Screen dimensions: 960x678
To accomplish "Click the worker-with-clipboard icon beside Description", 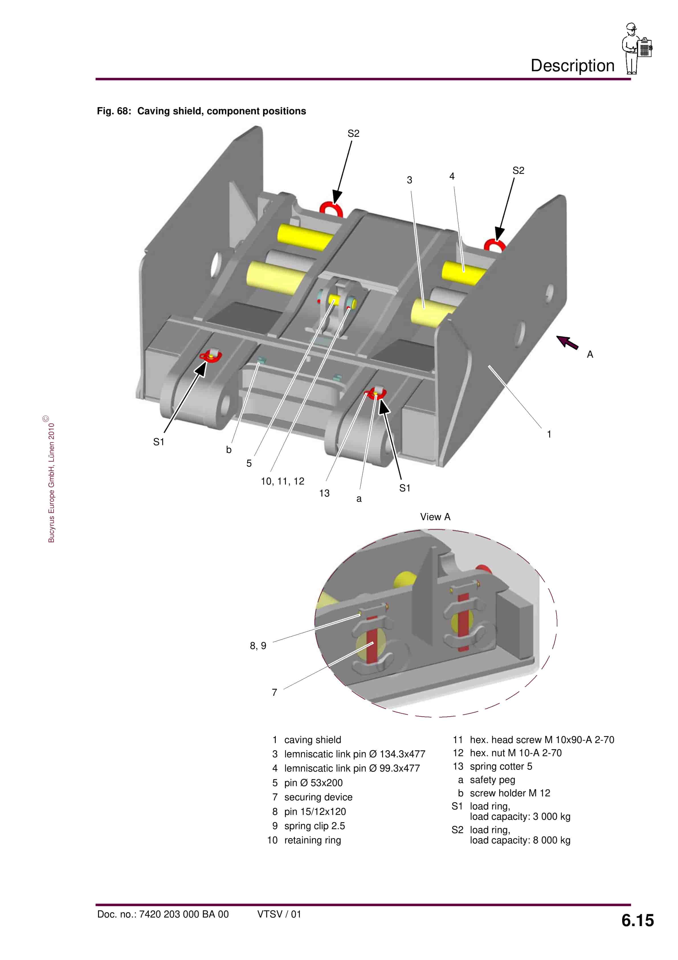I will pyautogui.click(x=636, y=48).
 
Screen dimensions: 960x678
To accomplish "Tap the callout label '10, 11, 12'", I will pyautogui.click(x=283, y=481).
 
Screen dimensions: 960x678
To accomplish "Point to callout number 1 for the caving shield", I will pyautogui.click(x=549, y=434).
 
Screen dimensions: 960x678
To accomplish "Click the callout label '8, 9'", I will pyautogui.click(x=258, y=646).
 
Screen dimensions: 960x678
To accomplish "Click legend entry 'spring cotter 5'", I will pyautogui.click(x=501, y=766).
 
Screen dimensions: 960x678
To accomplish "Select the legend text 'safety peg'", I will pyautogui.click(x=493, y=780).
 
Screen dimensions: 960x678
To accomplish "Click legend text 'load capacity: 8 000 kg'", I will pyautogui.click(x=520, y=840).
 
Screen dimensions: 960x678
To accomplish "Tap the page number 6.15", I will pyautogui.click(x=637, y=920).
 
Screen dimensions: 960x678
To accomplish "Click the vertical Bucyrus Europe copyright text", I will pyautogui.click(x=51, y=481).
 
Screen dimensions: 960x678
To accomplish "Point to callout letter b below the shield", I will pyautogui.click(x=229, y=450).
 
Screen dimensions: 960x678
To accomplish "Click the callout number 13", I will pyautogui.click(x=324, y=493).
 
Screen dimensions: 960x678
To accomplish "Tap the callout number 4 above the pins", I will pyautogui.click(x=452, y=176).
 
